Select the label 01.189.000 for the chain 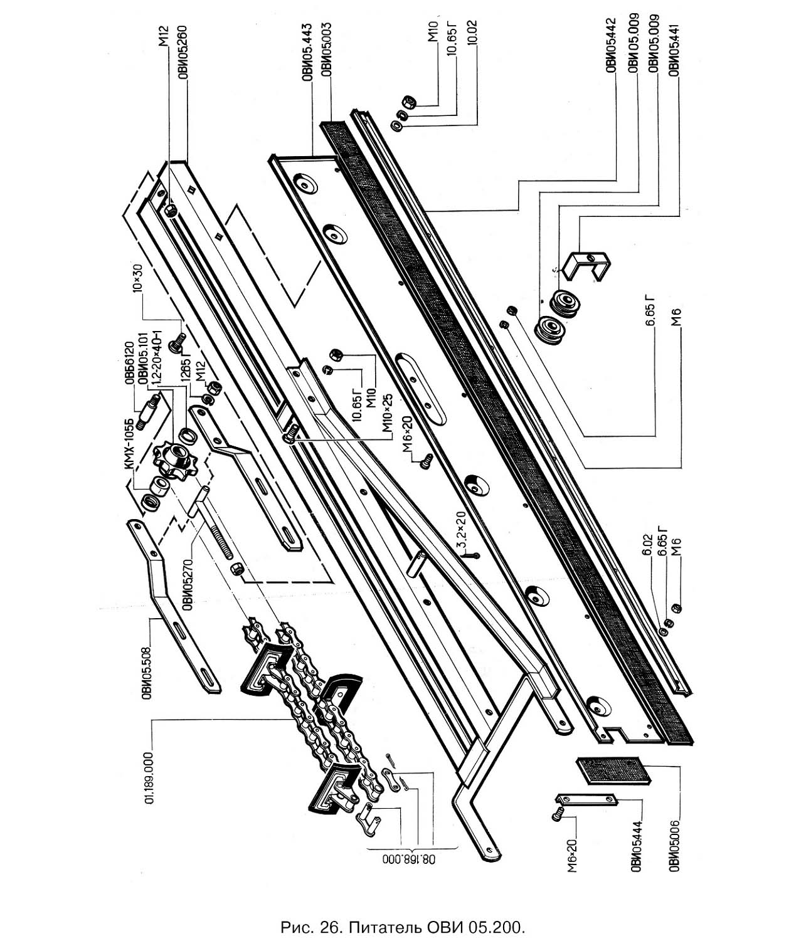click(149, 777)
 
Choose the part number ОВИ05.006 click(674, 836)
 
